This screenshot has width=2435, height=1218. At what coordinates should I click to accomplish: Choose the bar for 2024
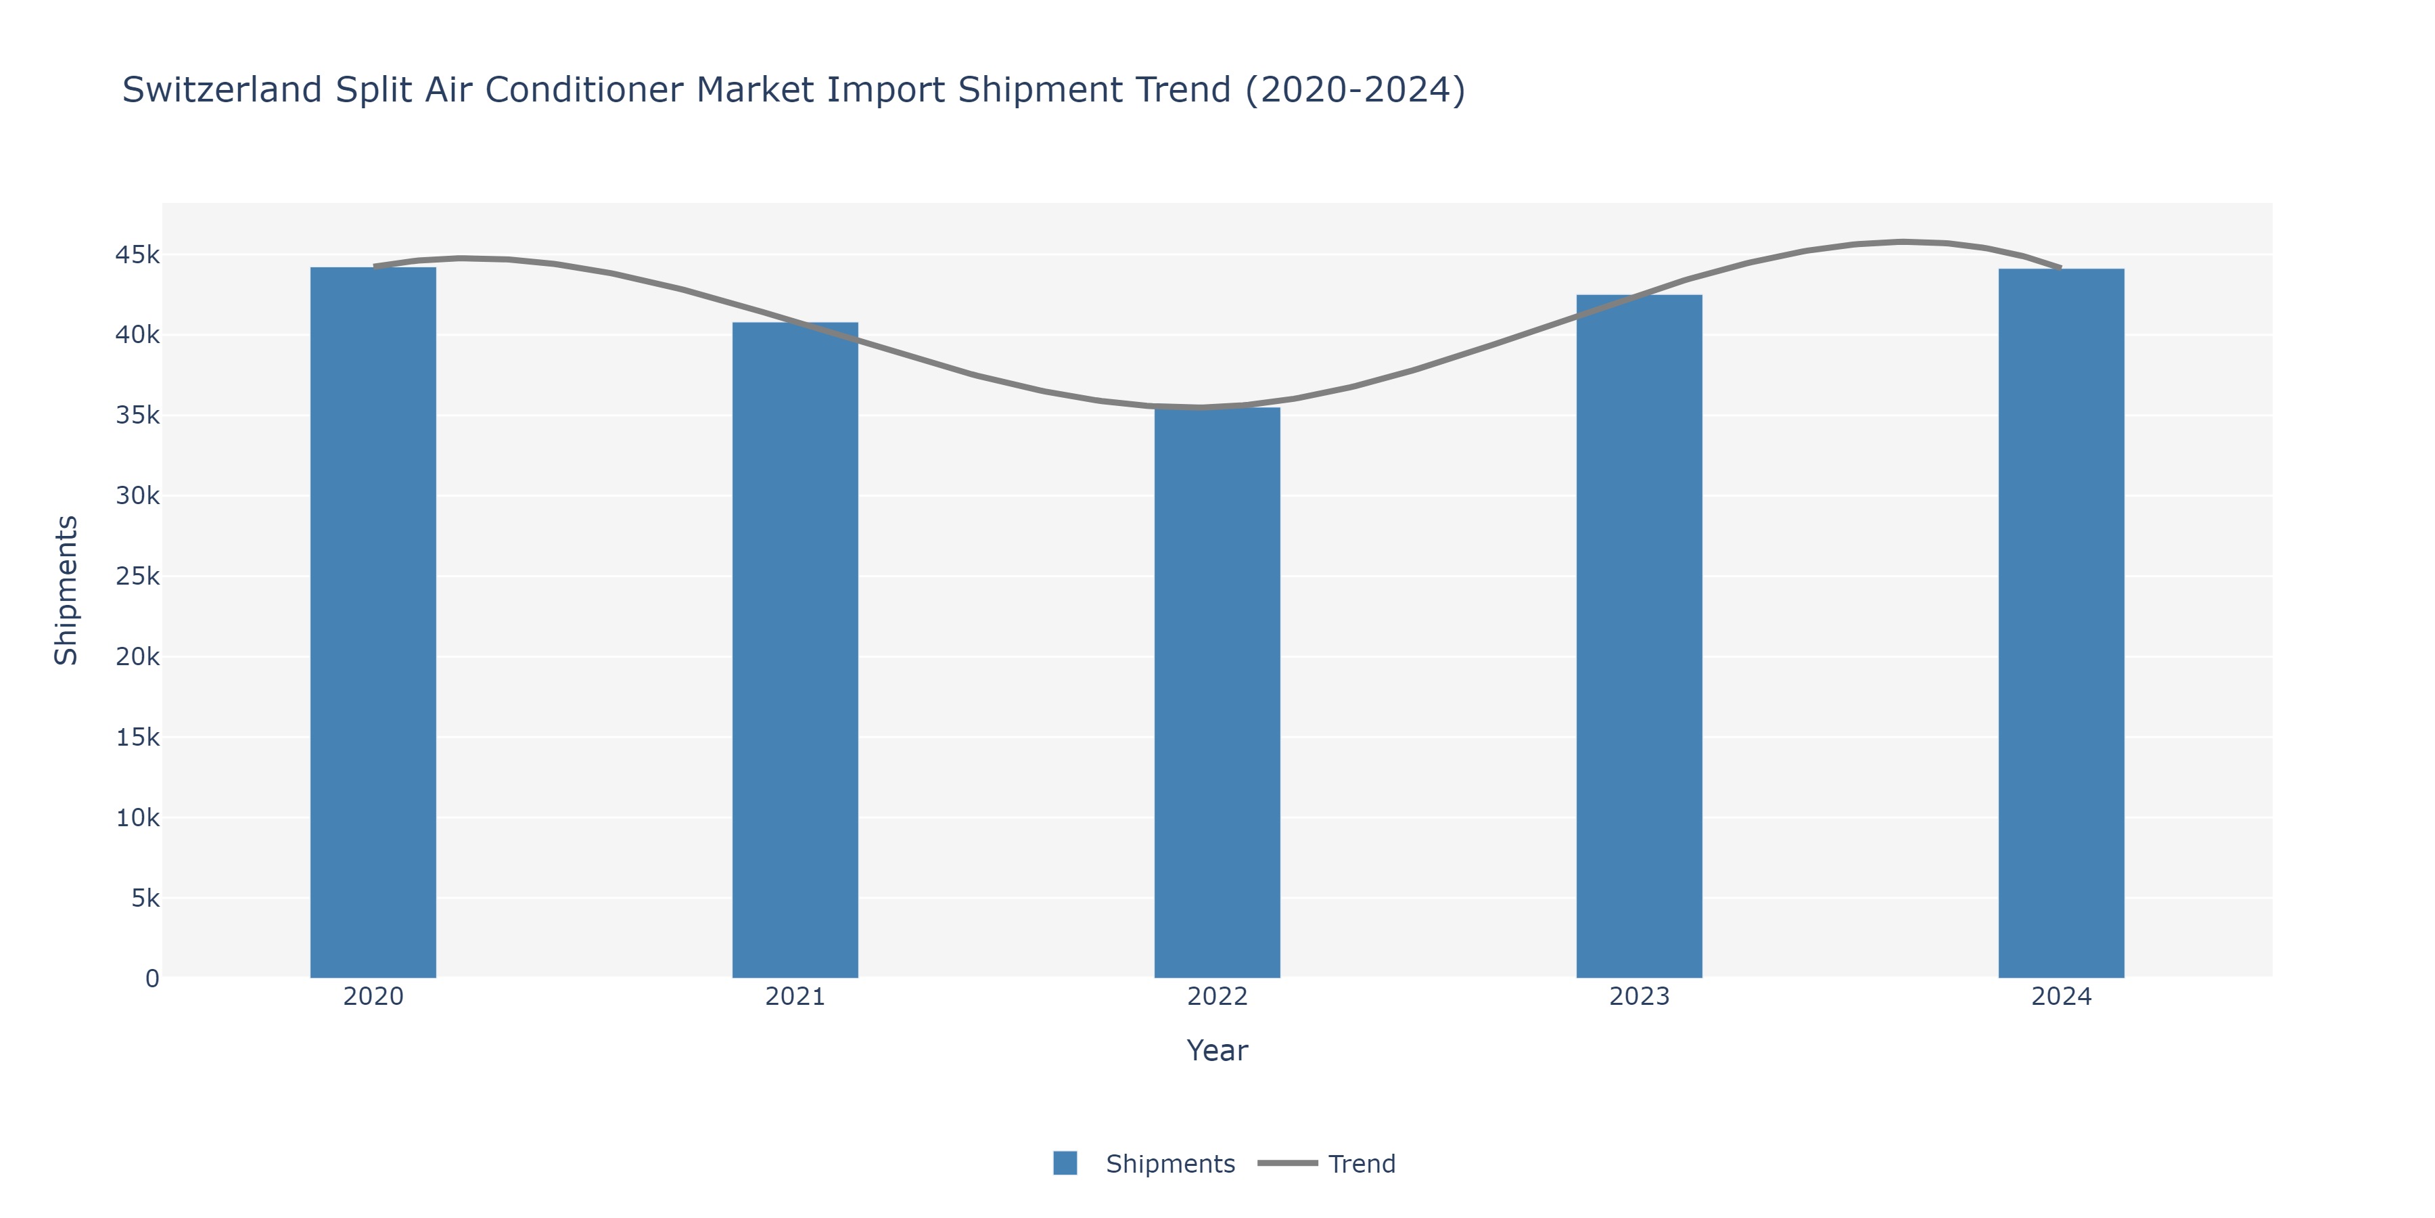pos(2061,623)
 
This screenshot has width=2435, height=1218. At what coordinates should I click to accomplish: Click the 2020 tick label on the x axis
pos(373,997)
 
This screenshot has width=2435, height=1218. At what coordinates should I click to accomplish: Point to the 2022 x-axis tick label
pos(1217,997)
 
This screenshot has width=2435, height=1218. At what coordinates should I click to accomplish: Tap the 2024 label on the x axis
pos(2061,997)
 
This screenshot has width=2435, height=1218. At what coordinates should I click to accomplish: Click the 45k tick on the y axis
pos(137,255)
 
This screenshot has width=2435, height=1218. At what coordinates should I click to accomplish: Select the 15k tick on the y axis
pos(137,738)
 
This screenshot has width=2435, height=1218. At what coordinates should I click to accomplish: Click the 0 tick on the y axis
pos(152,978)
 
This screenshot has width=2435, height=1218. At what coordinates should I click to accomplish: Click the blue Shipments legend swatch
pos(1065,1163)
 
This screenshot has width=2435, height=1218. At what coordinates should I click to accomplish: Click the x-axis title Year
pos(1217,1051)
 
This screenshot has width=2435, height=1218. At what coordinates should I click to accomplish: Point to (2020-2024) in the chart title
pos(1355,90)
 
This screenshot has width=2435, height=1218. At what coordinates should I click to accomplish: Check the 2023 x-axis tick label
pos(1639,997)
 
